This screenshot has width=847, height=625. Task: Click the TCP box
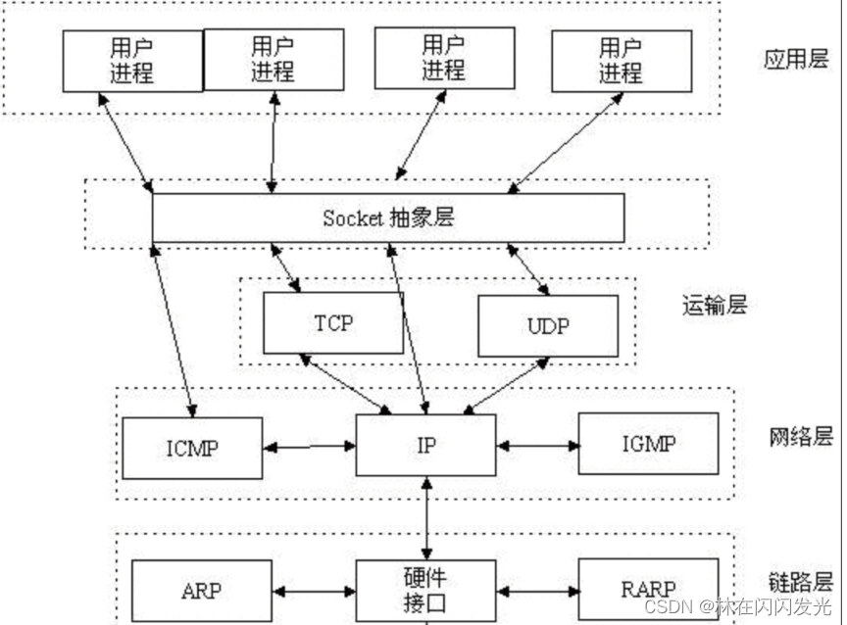click(333, 322)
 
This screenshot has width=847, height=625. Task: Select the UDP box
click(548, 325)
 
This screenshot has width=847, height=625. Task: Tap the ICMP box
click(192, 448)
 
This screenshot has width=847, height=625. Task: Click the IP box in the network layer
click(426, 445)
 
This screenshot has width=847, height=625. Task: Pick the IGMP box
click(648, 443)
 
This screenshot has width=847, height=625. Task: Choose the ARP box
click(201, 591)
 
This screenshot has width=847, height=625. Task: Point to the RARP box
click(648, 590)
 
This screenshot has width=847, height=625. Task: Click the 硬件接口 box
click(426, 590)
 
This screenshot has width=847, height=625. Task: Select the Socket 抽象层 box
click(388, 217)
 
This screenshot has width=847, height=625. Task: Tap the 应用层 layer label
click(796, 60)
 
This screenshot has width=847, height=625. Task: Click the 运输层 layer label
click(714, 305)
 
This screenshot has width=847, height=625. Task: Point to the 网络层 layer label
click(800, 437)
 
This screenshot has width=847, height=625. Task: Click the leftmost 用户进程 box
click(132, 61)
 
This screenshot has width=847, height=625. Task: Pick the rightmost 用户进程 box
click(621, 60)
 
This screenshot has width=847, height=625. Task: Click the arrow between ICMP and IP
click(309, 447)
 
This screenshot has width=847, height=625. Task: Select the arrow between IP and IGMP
click(538, 446)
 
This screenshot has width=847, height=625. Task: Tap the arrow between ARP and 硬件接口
click(314, 592)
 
